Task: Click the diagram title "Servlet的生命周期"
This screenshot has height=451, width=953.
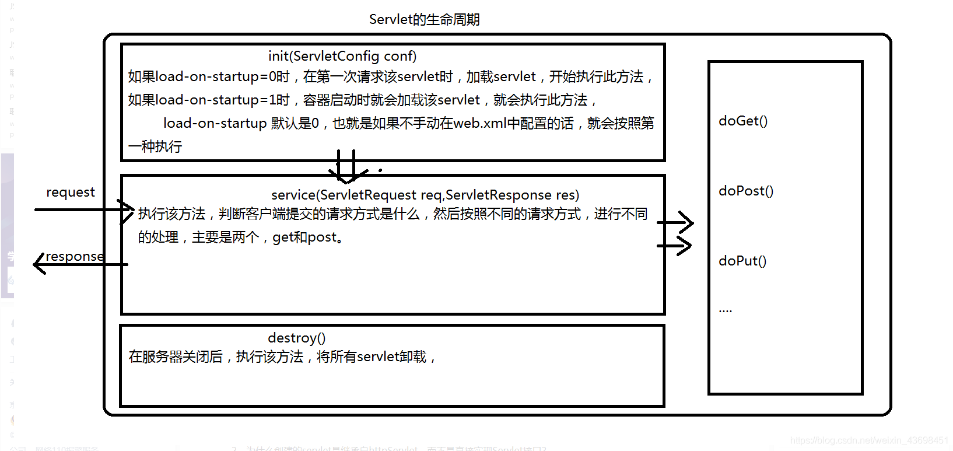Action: click(x=424, y=19)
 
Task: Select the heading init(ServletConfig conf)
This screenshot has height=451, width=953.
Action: click(x=342, y=56)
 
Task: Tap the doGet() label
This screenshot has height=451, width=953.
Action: click(x=743, y=121)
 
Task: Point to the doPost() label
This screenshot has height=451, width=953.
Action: click(x=746, y=191)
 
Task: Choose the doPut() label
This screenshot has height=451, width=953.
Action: click(x=742, y=261)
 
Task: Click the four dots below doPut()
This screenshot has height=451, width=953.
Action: click(x=725, y=310)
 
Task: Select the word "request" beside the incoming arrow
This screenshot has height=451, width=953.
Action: click(x=70, y=192)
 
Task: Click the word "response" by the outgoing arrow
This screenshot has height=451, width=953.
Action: click(x=75, y=256)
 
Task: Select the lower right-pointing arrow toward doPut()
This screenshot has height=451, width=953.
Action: click(x=677, y=246)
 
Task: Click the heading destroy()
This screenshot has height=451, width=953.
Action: click(x=296, y=338)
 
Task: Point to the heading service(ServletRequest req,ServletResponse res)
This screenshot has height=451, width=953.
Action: click(x=425, y=195)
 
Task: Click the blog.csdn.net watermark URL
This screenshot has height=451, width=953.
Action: click(x=868, y=440)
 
